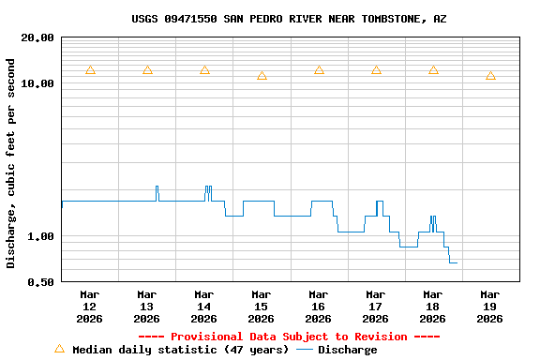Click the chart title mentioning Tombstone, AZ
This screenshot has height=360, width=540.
pyautogui.click(x=289, y=19)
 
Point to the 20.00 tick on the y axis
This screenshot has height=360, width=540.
pyautogui.click(x=37, y=38)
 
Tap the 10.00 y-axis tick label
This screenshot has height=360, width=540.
pyautogui.click(x=37, y=84)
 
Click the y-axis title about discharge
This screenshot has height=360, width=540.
pyautogui.click(x=11, y=163)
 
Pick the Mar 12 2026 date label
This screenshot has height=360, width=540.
pyautogui.click(x=90, y=307)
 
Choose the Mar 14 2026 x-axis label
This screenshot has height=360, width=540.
pyautogui.click(x=204, y=307)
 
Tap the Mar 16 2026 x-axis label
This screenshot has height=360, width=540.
pyautogui.click(x=319, y=307)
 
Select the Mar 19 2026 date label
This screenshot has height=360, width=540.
pyautogui.click(x=489, y=307)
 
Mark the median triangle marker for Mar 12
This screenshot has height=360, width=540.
pyautogui.click(x=90, y=70)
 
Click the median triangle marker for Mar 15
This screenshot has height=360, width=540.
pyautogui.click(x=262, y=76)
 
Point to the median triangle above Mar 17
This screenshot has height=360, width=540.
pyautogui.click(x=376, y=70)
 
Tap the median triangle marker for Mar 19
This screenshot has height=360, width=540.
pyautogui.click(x=490, y=76)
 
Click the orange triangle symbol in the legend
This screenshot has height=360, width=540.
pyautogui.click(x=59, y=349)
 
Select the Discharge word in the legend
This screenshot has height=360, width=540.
pyautogui.click(x=347, y=350)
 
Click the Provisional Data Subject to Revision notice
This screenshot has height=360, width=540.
pyautogui.click(x=289, y=337)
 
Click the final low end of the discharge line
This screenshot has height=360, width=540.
pyautogui.click(x=456, y=262)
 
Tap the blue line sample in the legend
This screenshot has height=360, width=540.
pyautogui.click(x=305, y=350)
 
